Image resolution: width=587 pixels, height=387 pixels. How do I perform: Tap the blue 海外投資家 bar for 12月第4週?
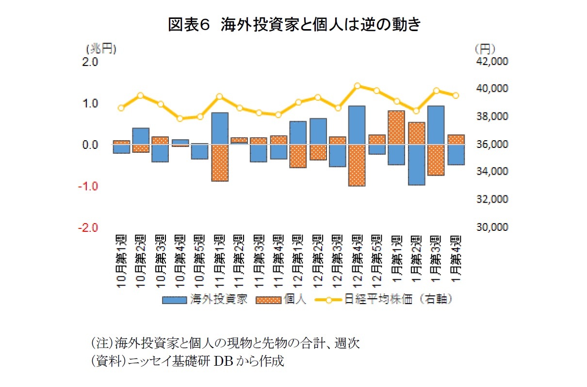[x=357, y=125]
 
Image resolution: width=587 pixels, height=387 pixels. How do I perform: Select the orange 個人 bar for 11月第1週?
[x=220, y=163]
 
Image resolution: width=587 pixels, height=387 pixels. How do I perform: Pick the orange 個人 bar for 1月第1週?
[x=396, y=128]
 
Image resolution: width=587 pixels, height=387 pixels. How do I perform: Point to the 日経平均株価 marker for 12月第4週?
[x=357, y=86]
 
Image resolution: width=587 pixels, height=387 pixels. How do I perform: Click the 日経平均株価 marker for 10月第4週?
[x=180, y=118]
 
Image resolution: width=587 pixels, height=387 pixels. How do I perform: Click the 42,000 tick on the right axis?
[x=492, y=62]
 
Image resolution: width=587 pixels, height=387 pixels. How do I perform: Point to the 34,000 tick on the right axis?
[x=492, y=172]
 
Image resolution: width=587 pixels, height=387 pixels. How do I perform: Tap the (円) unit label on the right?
[x=485, y=48]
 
